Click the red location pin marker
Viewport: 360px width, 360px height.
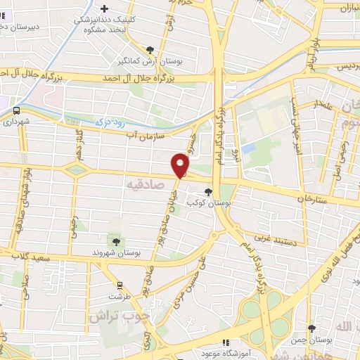click(181, 165)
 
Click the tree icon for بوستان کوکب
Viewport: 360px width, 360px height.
click(208, 191)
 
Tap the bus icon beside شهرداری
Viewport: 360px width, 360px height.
click(16, 110)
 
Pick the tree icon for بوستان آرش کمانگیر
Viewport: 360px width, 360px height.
click(150, 49)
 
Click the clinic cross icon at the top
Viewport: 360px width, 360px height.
click(105, 9)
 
